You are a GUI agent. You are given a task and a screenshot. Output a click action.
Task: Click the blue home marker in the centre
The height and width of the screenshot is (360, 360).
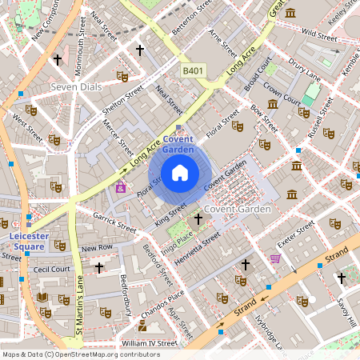click(180, 173)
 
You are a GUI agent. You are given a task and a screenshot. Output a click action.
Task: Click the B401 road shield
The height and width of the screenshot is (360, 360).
click(193, 71)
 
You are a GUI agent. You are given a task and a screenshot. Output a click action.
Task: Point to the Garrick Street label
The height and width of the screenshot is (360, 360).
click(115, 221)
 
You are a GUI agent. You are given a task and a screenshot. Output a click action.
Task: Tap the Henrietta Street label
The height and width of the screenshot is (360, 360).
click(198, 250)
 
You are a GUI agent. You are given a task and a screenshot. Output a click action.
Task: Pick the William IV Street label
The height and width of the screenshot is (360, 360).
click(148, 343)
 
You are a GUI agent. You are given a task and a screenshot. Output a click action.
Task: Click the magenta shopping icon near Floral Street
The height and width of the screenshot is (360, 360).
click(121, 187)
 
